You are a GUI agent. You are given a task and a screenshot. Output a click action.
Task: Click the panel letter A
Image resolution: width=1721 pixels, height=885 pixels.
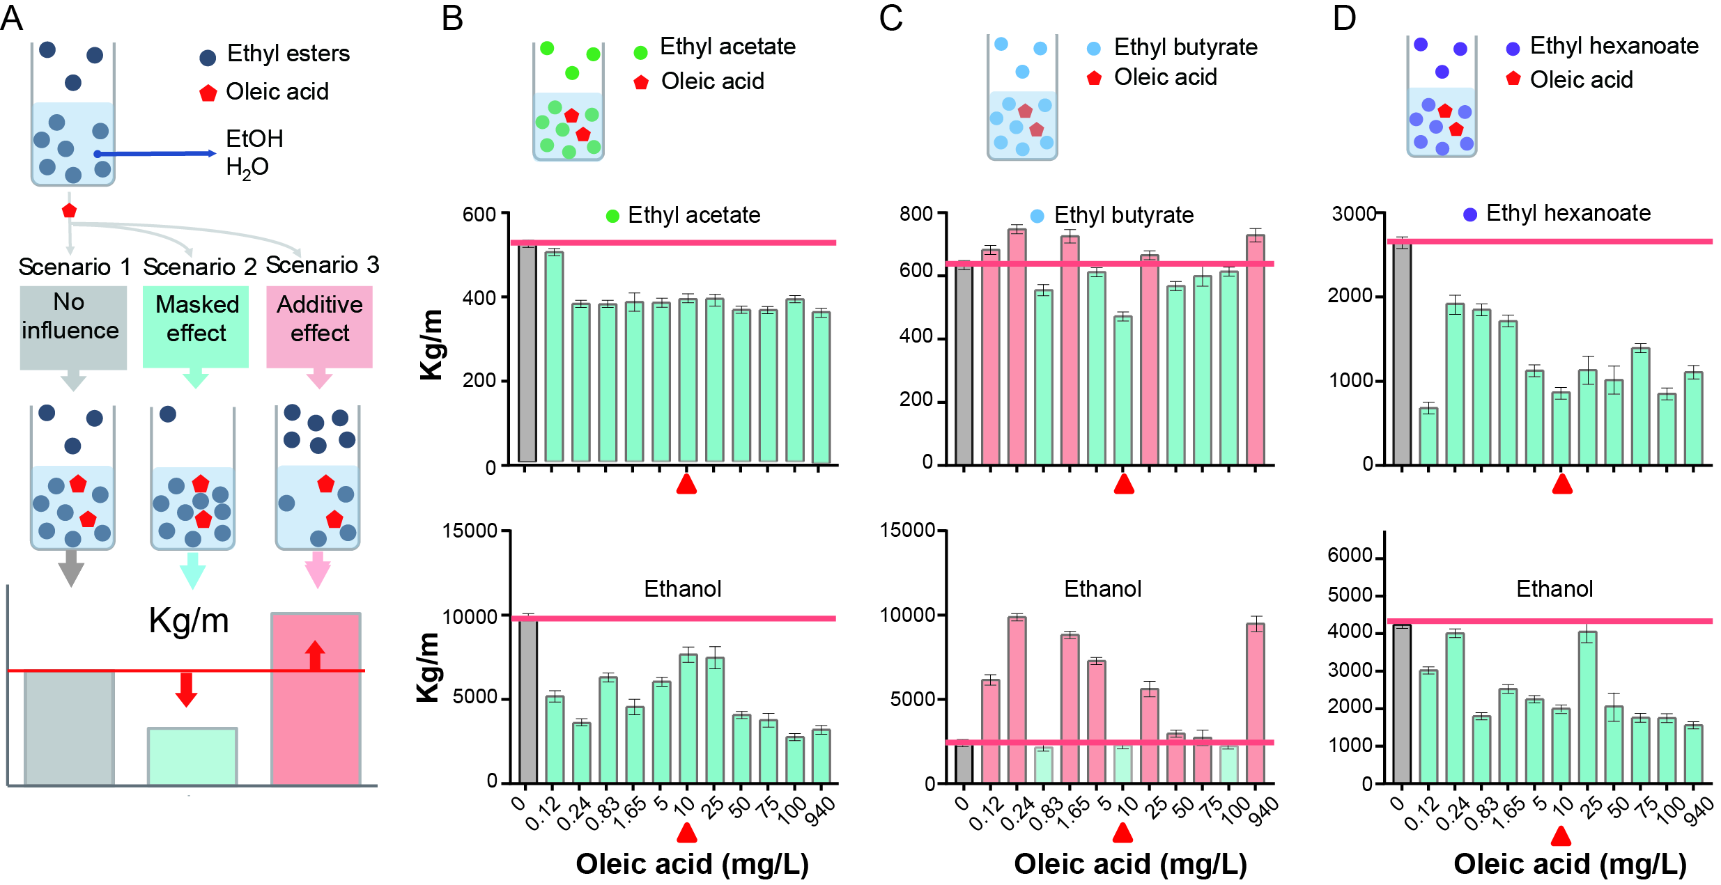coord(12,17)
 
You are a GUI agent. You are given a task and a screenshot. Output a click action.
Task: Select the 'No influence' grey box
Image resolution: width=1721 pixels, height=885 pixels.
coord(72,327)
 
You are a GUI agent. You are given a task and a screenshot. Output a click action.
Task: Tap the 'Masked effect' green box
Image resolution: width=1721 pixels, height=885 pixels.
coord(196,327)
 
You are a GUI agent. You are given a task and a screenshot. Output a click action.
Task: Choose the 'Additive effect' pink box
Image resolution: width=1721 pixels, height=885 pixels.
coord(319,327)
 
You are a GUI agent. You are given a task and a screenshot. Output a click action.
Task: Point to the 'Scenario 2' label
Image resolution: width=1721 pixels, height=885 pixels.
coord(199,267)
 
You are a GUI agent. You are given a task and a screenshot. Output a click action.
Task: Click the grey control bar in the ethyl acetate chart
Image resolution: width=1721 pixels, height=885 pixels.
coord(527,352)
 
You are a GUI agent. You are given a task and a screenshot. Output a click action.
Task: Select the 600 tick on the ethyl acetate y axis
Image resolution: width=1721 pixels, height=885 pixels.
coord(479,214)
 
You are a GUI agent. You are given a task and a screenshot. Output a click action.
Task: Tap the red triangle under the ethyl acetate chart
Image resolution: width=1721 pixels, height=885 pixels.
coord(686,484)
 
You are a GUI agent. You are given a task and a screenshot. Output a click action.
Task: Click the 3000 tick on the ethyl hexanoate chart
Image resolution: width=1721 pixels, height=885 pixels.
coord(1354,214)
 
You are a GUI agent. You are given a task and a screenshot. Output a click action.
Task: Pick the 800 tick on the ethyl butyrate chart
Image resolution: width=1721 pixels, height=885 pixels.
coord(916,214)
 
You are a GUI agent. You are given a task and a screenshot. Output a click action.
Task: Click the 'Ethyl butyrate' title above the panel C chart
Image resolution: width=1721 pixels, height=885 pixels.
coord(1123,215)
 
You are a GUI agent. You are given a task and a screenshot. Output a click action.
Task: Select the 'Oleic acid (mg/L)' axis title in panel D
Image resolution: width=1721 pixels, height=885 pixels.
coord(1570,864)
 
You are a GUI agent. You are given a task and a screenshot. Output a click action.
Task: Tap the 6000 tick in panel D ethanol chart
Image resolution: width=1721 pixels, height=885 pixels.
coord(1350,556)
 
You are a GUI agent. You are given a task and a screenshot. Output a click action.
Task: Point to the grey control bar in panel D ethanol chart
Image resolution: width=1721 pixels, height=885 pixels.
coord(1401,703)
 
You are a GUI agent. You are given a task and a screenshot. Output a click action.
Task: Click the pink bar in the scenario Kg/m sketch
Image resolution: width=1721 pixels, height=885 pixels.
coord(316,699)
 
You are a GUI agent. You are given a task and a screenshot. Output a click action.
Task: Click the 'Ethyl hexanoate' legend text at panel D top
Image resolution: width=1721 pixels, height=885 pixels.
coord(1614,46)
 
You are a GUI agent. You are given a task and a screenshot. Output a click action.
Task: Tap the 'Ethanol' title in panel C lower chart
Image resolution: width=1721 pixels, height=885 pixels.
coord(1102,589)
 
